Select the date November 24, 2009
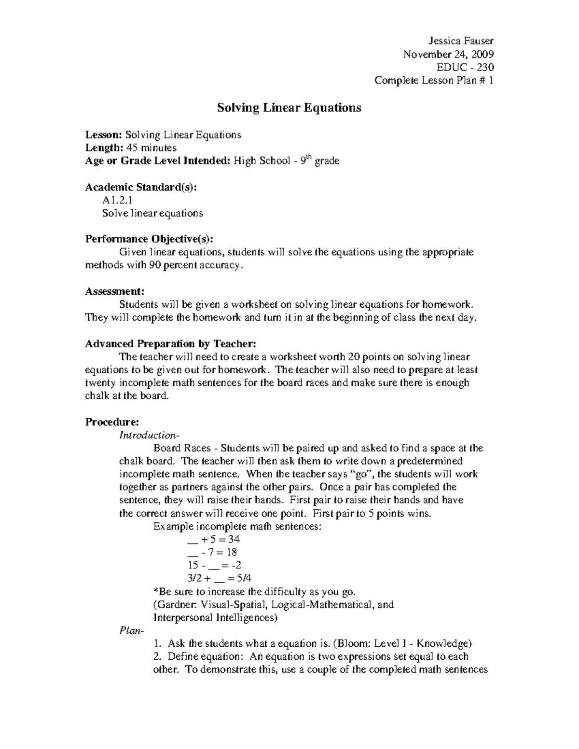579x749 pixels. tap(448, 54)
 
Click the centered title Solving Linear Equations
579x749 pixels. tap(289, 108)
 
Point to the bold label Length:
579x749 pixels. tap(104, 148)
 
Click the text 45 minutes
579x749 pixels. tap(151, 148)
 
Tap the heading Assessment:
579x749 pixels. tap(114, 291)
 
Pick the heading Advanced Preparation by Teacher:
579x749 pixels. tap(170, 344)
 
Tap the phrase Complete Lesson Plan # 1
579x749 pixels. tap(434, 81)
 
